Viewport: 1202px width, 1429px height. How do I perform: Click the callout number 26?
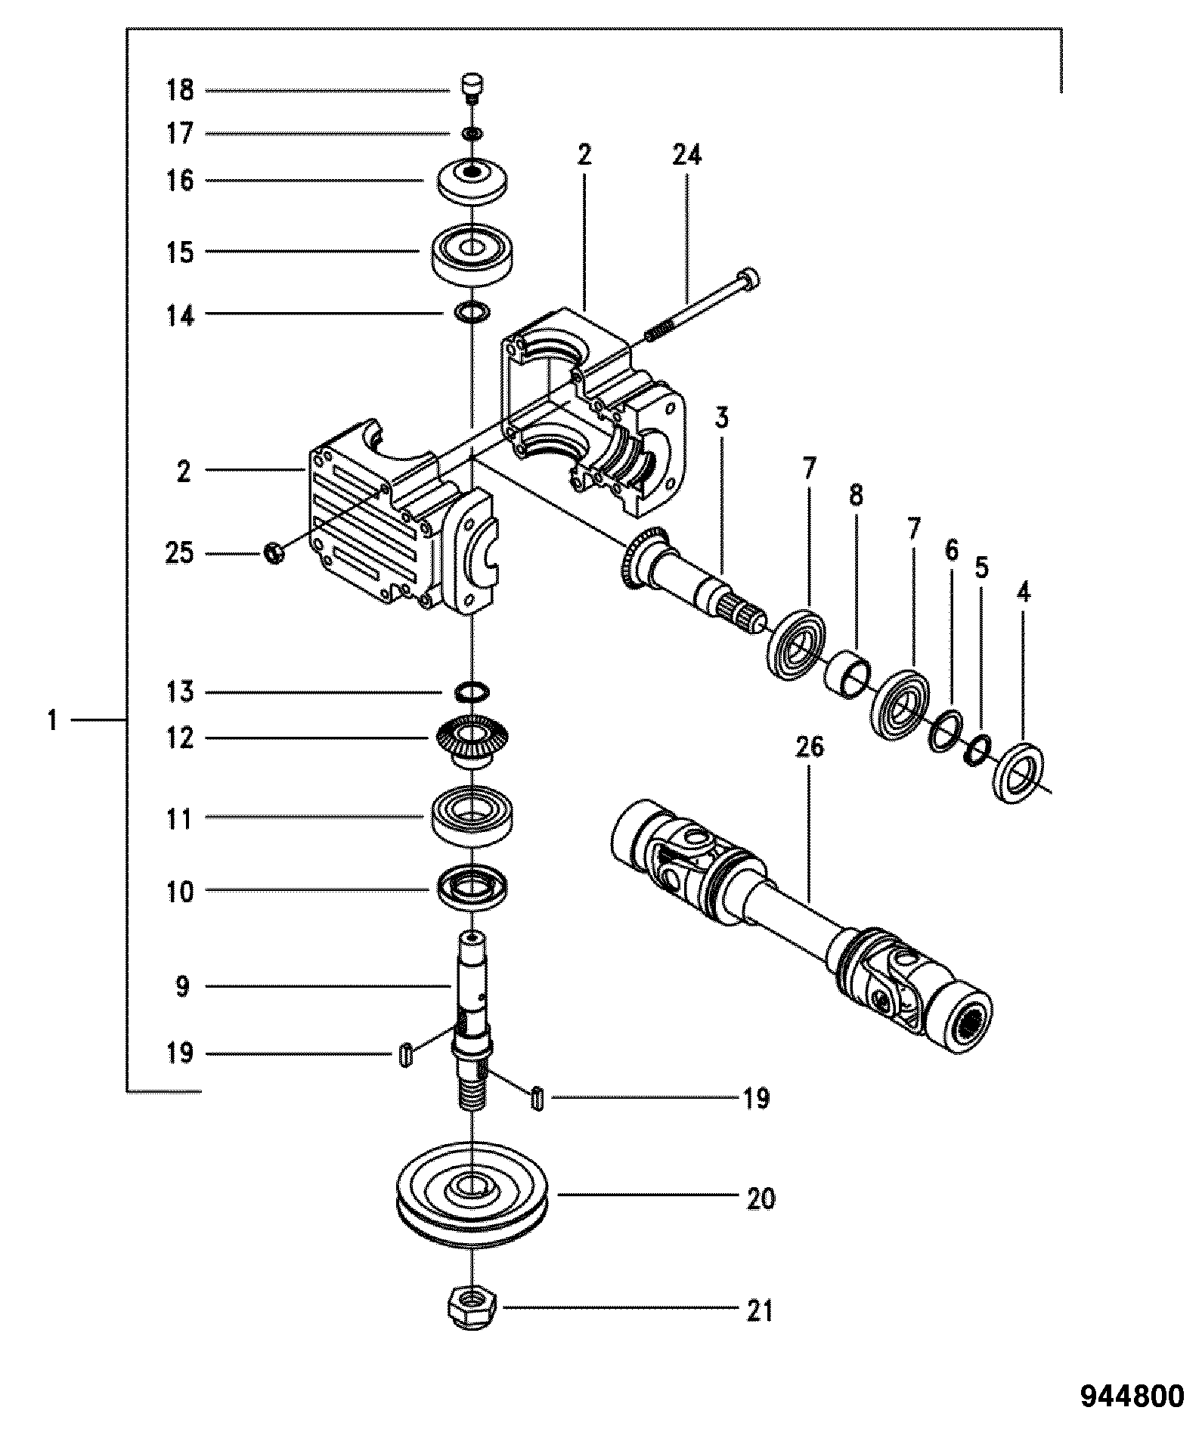point(809,747)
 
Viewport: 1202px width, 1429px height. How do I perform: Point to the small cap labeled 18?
point(472,87)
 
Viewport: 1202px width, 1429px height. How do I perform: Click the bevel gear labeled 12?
point(473,743)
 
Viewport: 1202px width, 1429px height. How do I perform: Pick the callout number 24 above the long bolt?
point(687,155)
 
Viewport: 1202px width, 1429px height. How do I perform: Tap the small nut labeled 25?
point(274,554)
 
